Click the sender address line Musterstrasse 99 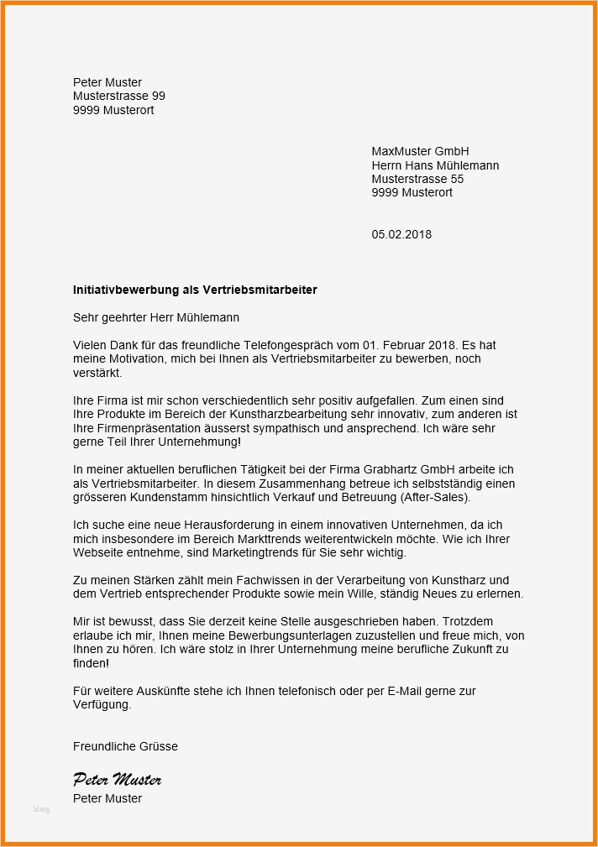pos(118,97)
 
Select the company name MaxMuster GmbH pos(420,151)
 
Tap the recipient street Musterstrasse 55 pos(417,179)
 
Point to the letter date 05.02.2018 pos(401,234)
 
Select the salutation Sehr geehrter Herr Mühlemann pos(156,317)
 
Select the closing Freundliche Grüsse pos(125,746)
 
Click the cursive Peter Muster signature pos(117,780)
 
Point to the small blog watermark pos(41,809)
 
